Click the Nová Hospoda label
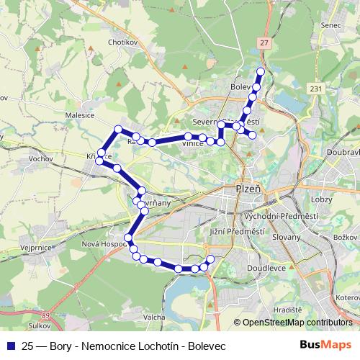[x=105, y=243]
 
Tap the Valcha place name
[x=155, y=317]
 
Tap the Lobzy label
[x=321, y=197]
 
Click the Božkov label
[x=346, y=237]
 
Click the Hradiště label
[x=287, y=308]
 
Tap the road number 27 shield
[x=265, y=43]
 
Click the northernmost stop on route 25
[x=261, y=71]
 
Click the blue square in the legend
[x=11, y=346]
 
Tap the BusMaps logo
[x=329, y=346]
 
